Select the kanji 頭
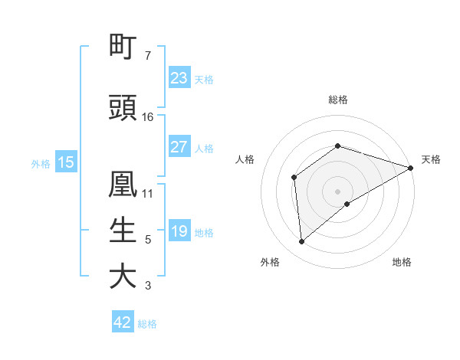tap(123, 108)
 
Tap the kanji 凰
tap(123, 185)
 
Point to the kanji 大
tap(123, 277)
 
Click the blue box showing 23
tap(179, 78)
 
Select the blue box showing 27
tap(179, 147)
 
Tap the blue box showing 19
tap(179, 231)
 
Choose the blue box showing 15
tap(66, 162)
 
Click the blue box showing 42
tap(123, 322)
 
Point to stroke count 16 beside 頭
tap(148, 117)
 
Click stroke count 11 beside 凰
tap(148, 193)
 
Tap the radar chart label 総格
tap(338, 100)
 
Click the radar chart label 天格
tap(431, 159)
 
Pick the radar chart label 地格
tap(402, 262)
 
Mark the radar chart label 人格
tap(245, 159)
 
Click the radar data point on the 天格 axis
tap(411, 168)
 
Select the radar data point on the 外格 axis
tap(302, 242)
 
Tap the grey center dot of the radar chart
tap(338, 191)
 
